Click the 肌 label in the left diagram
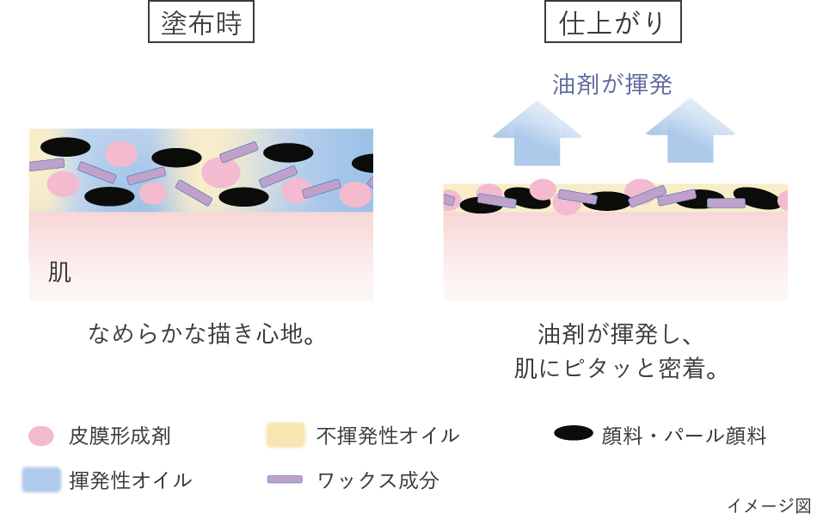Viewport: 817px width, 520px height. (x=59, y=273)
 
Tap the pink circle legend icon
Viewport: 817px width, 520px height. (x=41, y=436)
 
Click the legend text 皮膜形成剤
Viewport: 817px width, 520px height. (x=120, y=436)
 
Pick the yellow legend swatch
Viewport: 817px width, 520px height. (x=285, y=435)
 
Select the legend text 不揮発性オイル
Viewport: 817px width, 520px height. (x=387, y=436)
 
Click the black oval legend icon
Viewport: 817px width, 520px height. (x=574, y=434)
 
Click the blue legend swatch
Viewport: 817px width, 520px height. (x=41, y=480)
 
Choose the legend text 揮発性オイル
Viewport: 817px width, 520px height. (x=131, y=480)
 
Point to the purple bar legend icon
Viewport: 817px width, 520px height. (x=285, y=479)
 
